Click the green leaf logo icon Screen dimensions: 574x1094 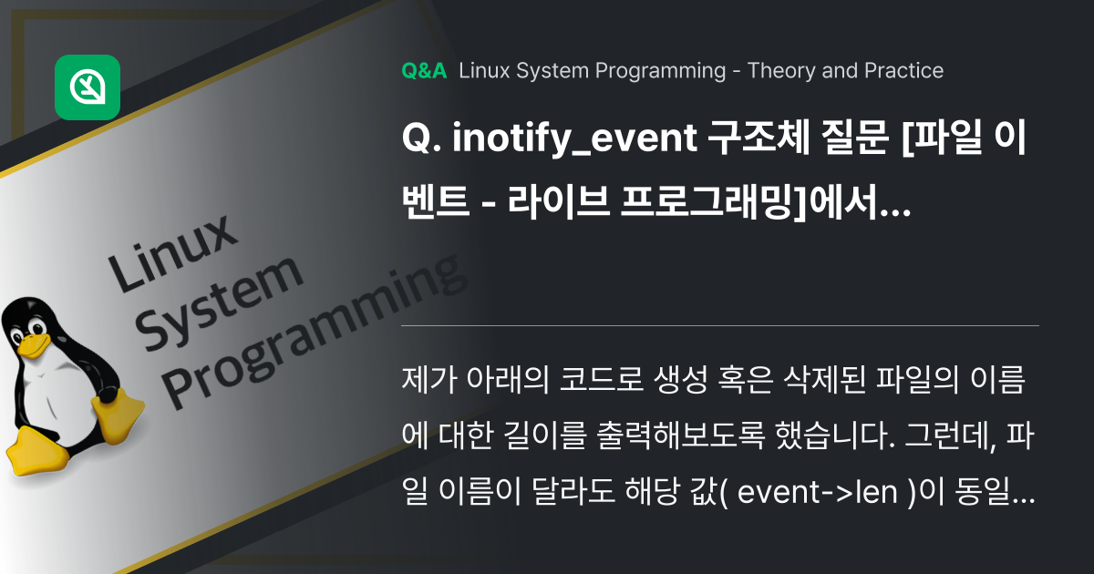click(x=88, y=87)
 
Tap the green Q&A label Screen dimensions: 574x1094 click(x=424, y=71)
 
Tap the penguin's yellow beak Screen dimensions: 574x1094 click(x=33, y=344)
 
